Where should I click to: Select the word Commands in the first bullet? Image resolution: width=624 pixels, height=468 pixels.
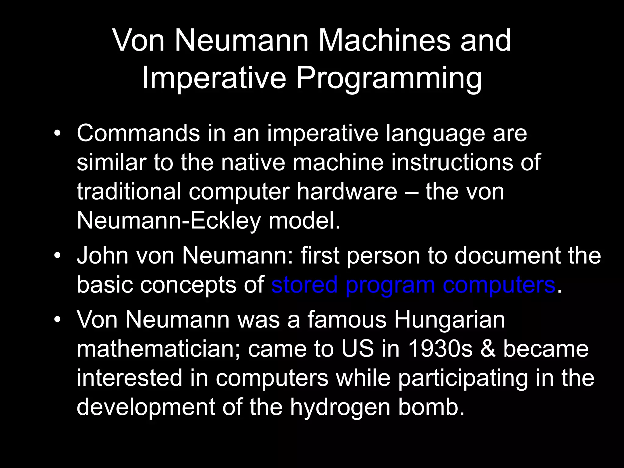pos(138,133)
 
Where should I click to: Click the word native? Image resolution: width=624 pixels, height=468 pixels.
pos(253,162)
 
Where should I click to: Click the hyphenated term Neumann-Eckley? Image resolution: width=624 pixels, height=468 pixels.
pos(169,221)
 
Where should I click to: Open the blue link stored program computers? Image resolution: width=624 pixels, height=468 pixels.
pos(413,285)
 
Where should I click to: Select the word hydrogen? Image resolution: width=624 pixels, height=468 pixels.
pos(340,408)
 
